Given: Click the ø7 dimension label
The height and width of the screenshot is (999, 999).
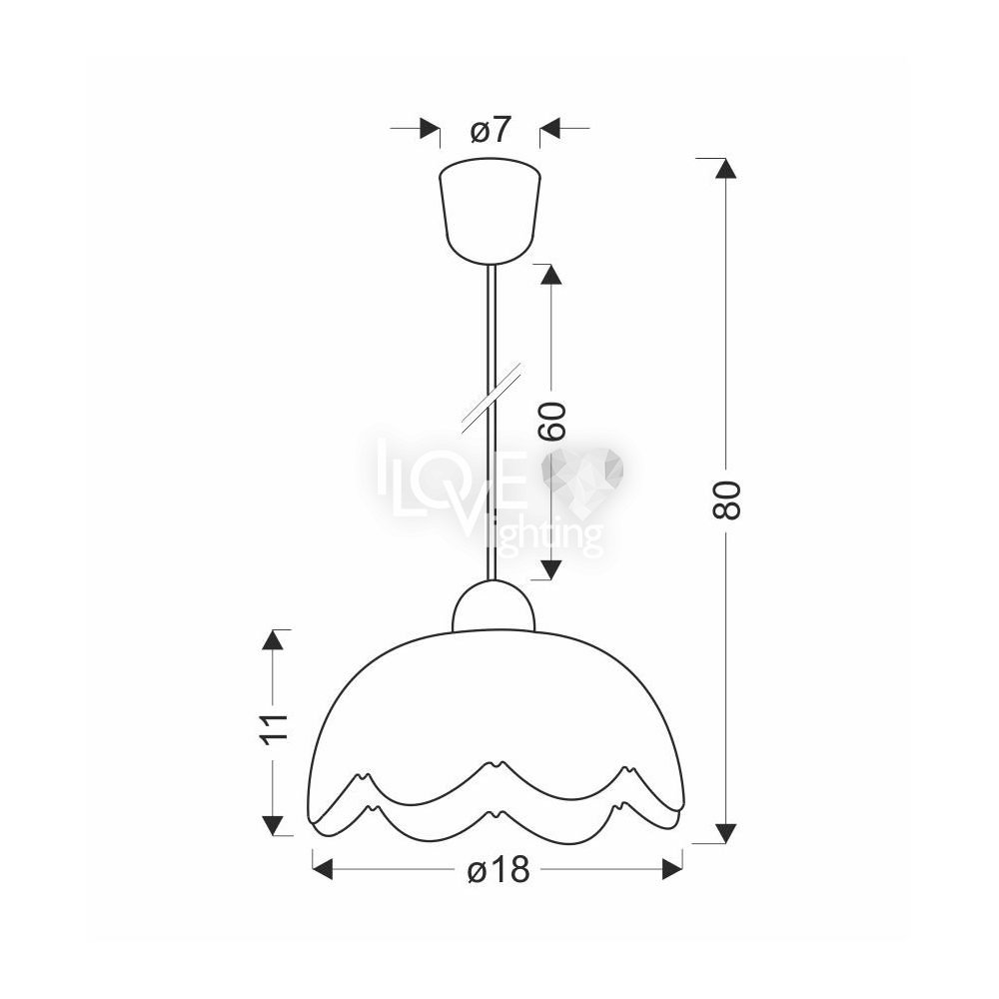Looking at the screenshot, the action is click(491, 131).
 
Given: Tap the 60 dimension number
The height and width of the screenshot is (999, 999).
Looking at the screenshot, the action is click(551, 422).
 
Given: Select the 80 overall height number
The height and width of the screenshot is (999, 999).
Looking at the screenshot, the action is click(726, 499).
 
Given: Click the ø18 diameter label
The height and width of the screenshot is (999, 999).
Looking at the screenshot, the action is click(499, 868).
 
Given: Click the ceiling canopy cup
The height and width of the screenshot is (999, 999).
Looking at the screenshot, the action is click(490, 210).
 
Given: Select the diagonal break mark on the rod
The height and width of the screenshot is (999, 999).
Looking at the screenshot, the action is click(492, 399).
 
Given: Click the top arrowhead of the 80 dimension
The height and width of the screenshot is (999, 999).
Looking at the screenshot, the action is click(725, 168).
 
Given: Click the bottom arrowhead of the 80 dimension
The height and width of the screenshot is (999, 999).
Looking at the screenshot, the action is click(725, 833).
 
